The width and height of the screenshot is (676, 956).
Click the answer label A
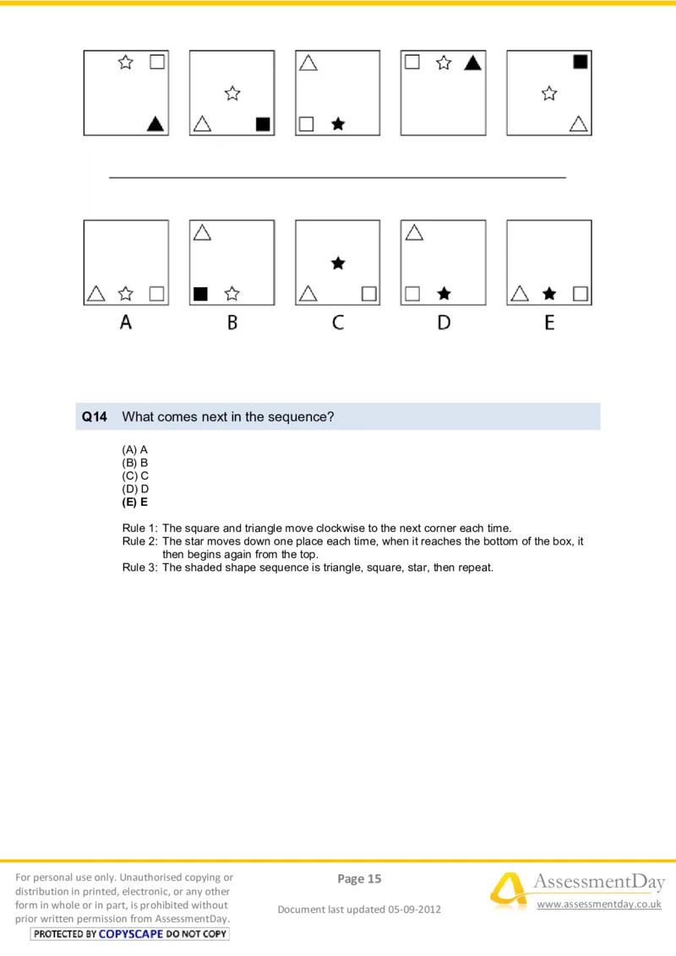click(x=126, y=323)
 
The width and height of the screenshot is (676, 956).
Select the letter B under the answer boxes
click(x=232, y=323)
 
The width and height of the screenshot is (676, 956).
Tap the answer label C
click(x=337, y=323)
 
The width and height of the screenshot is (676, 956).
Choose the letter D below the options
click(x=444, y=323)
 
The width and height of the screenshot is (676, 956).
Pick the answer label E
click(x=549, y=323)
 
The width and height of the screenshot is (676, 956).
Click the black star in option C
click(x=338, y=263)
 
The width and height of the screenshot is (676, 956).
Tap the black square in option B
click(x=200, y=294)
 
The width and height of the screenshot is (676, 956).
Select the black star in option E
click(x=549, y=294)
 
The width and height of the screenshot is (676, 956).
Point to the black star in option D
click(x=444, y=294)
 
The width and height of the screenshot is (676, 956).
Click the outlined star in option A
click(x=126, y=294)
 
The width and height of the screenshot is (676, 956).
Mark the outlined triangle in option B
click(x=202, y=232)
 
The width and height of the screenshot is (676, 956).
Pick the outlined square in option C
click(x=368, y=294)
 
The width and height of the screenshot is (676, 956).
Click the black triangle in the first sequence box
click(x=155, y=124)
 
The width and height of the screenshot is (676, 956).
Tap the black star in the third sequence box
click(x=338, y=124)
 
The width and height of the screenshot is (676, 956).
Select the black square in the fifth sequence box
click(x=580, y=62)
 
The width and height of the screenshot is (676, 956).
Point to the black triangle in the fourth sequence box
click(x=472, y=62)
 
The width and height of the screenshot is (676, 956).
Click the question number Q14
click(x=94, y=417)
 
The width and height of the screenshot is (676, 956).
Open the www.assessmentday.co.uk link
click(x=599, y=904)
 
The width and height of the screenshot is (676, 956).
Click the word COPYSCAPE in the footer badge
click(x=130, y=934)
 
